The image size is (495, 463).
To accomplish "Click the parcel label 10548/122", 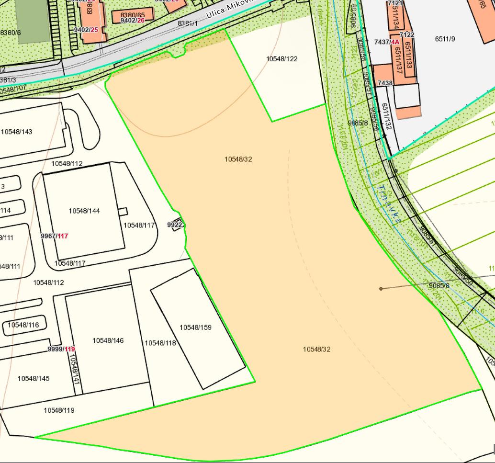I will tap(281, 59).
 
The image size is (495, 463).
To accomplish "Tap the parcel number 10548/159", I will tap(195, 327).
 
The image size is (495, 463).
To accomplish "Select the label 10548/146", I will tap(108, 340).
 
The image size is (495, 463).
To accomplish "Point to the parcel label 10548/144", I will tap(84, 211).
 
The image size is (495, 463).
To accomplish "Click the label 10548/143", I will tap(17, 132).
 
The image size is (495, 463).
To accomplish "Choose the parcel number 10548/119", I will tap(59, 410).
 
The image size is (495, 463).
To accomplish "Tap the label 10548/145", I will tap(34, 378).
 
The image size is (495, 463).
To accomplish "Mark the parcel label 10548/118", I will tap(160, 343).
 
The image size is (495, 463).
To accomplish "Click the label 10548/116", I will tap(23, 325).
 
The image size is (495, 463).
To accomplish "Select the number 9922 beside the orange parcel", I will tap(175, 225).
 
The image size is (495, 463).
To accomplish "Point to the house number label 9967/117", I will tap(55, 236).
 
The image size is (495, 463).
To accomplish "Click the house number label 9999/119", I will tap(61, 349).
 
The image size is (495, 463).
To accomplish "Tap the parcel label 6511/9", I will tap(445, 39).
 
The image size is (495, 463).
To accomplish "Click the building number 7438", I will tap(385, 83).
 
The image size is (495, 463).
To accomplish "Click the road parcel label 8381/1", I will tap(188, 23).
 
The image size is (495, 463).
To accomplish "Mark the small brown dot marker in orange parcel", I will tap(381, 288).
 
